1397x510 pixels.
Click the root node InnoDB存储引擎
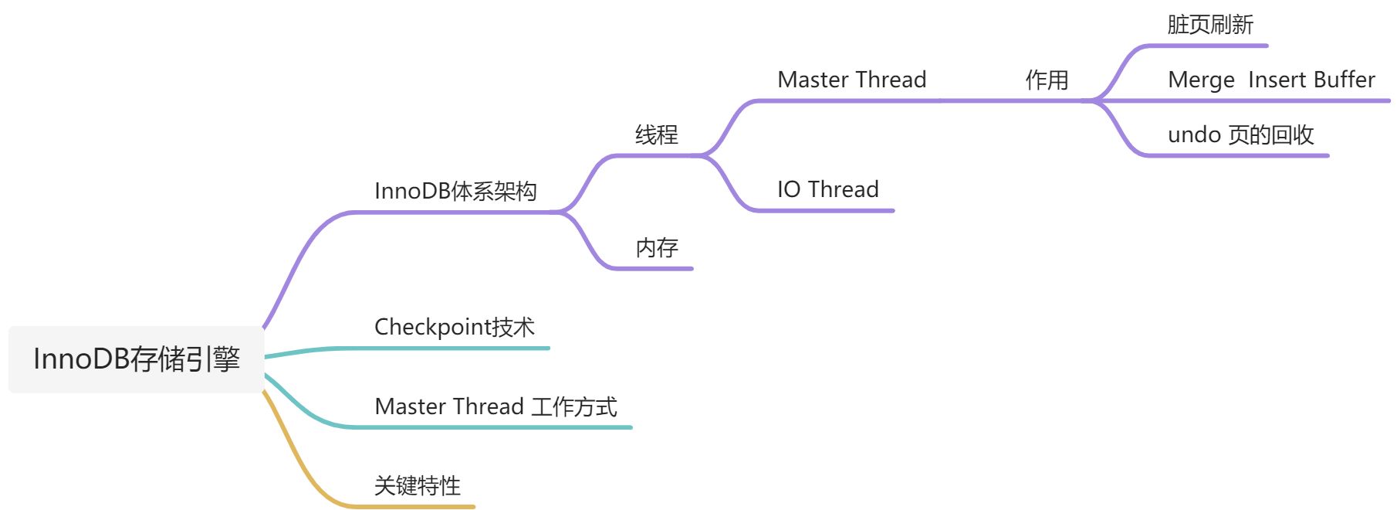137,359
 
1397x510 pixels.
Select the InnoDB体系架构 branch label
455,191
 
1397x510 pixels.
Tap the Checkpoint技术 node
454,327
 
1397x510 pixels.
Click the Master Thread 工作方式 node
496,406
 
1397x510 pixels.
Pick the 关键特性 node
418,485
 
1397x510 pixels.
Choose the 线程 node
657,135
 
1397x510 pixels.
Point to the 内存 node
657,248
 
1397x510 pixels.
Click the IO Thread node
827,189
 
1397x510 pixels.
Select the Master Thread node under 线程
851,80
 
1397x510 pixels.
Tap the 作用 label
1047,80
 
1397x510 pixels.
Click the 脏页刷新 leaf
1209,25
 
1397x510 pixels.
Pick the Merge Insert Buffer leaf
1271,80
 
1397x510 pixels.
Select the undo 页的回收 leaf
1240,135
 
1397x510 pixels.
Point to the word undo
1194,135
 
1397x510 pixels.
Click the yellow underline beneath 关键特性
417,507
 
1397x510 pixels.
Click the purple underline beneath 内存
656,269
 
